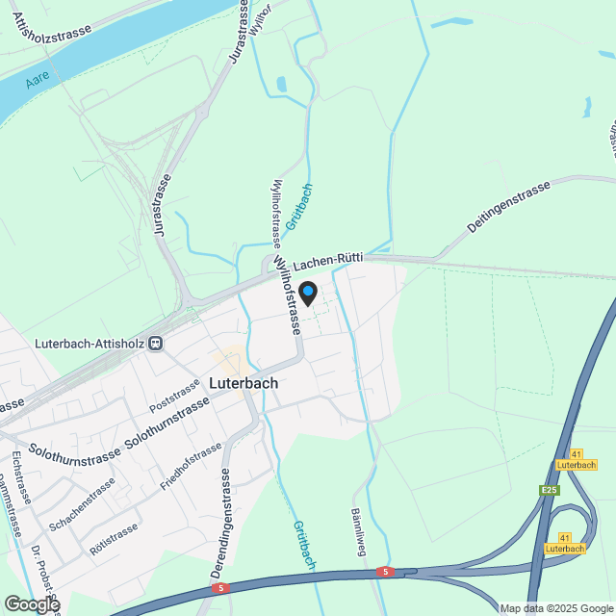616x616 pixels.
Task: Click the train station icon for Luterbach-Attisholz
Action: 155,342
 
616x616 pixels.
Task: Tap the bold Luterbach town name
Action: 244,382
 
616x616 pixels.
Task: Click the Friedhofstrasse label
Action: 191,467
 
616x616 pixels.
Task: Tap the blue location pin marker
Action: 308,291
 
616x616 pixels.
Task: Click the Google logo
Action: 31,603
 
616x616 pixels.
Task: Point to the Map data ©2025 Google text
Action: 556,608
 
